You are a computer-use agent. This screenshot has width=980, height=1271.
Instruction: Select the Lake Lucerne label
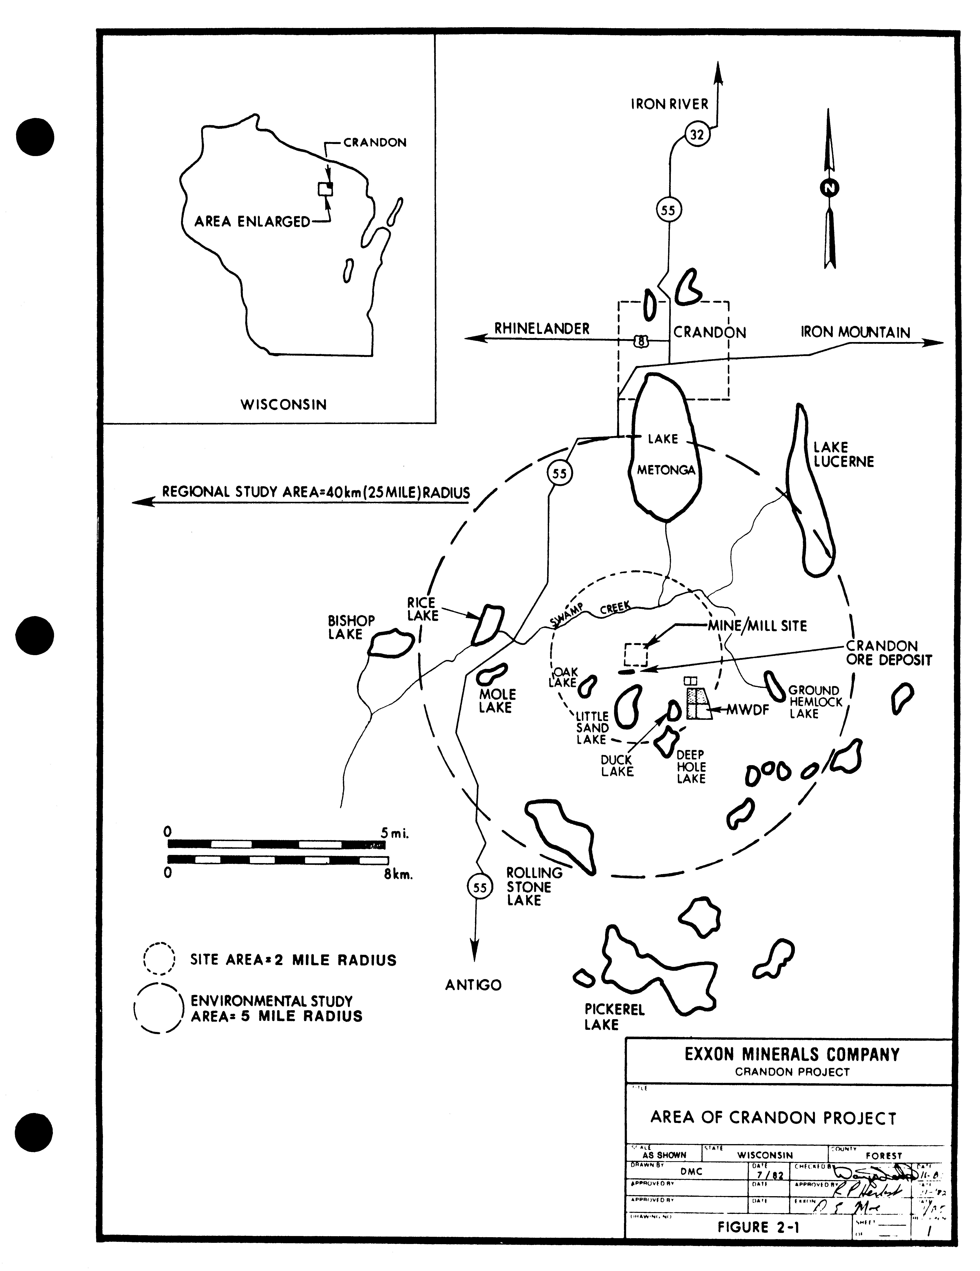pos(843,455)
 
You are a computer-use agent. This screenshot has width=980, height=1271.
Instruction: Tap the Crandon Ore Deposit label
pos(889,653)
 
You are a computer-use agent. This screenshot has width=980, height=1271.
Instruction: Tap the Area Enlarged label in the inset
pos(252,222)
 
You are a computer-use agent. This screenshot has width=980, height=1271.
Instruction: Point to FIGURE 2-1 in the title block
pos(758,1227)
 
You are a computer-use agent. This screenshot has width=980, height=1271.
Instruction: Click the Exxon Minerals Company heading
pos(792,1055)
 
